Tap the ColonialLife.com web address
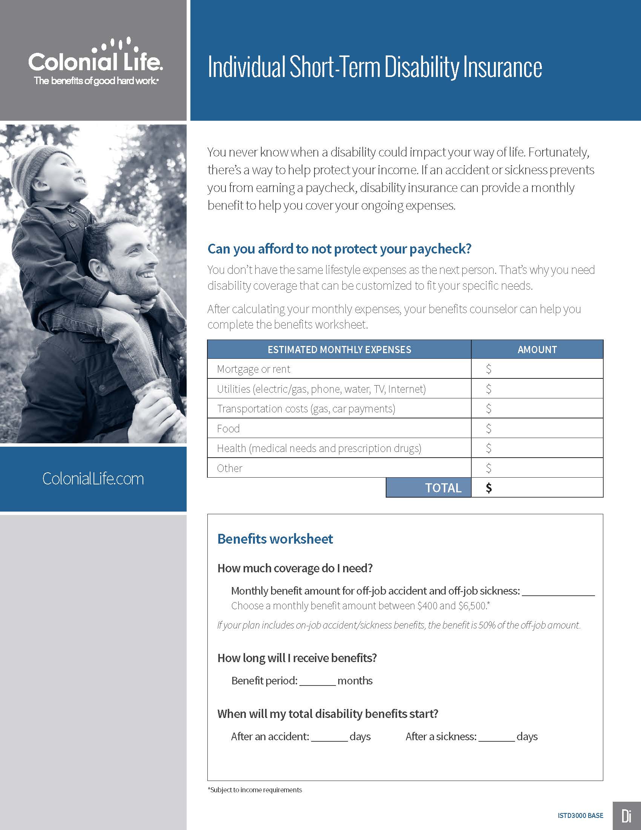click(93, 479)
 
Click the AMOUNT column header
click(537, 350)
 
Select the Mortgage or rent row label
click(253, 369)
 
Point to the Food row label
click(228, 429)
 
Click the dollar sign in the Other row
click(489, 468)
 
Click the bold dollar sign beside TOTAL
click(489, 487)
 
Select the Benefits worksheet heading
click(275, 539)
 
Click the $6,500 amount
click(472, 606)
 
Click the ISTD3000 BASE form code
click(580, 816)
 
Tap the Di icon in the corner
click(627, 816)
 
